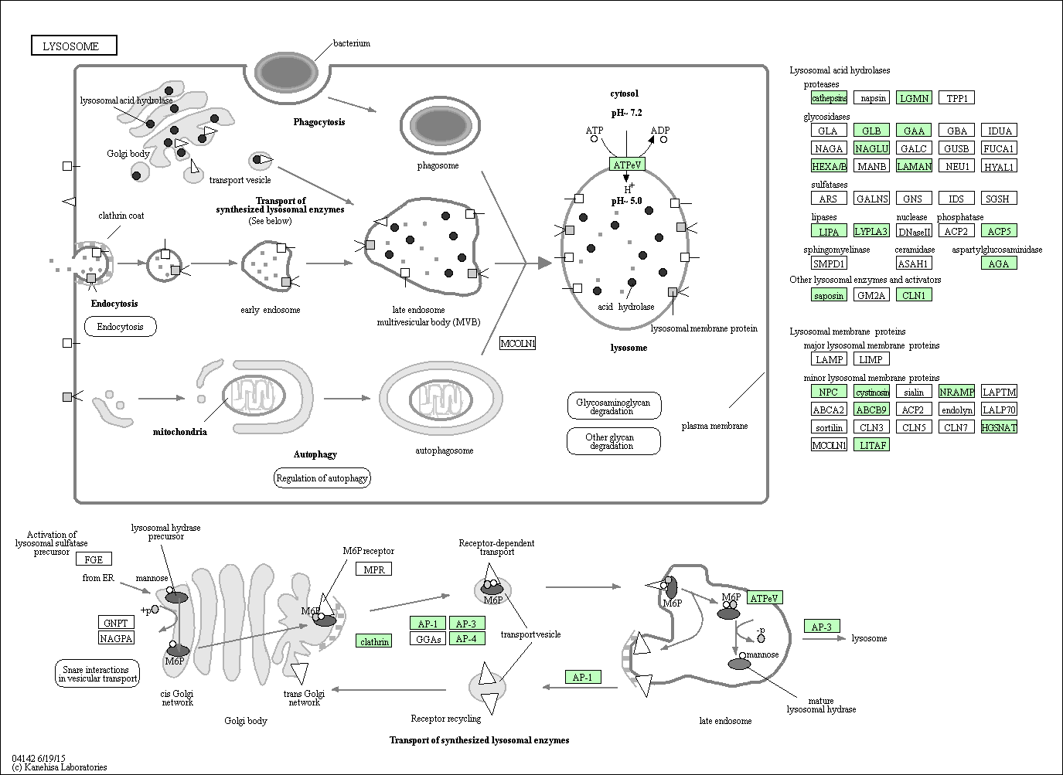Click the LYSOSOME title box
coord(74,46)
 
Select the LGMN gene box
coord(914,98)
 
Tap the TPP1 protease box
coord(956,98)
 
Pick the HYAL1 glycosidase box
coord(998,166)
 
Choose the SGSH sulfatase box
coord(998,199)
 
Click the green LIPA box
coord(828,231)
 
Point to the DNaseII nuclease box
coord(914,231)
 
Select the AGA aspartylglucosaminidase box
coord(998,263)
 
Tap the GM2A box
coord(871,295)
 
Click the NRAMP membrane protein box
coord(956,392)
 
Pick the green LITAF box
coord(871,444)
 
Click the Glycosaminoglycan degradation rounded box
coord(614,406)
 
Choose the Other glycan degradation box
coord(614,442)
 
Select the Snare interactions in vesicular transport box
coord(97,674)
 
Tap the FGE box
coord(94,559)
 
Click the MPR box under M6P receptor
coord(373,569)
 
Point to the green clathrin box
coord(374,641)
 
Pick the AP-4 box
coord(466,639)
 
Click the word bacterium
coord(352,43)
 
